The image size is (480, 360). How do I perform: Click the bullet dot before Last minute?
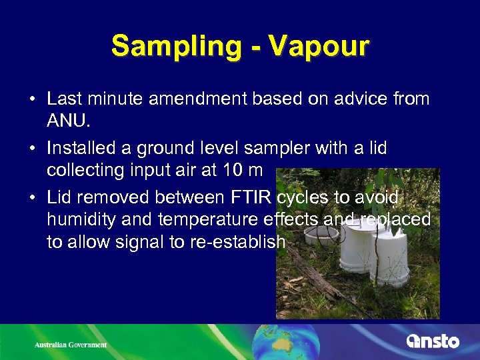click(x=33, y=100)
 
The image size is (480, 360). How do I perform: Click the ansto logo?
click(x=433, y=341)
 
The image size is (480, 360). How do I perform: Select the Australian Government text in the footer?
click(x=71, y=345)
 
